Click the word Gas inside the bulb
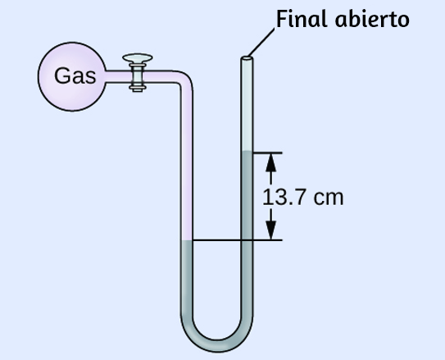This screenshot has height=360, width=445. point(75,75)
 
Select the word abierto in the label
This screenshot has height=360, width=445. point(372,20)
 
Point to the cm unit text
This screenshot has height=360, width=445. point(329,198)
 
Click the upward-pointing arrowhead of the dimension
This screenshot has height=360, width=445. point(271,162)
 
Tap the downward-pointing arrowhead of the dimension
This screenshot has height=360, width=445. point(271,230)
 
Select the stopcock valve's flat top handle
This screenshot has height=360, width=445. point(138,58)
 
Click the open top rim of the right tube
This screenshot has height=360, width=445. point(247,58)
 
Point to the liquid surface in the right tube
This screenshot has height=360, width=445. point(247,153)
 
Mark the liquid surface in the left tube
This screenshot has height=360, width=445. point(187,241)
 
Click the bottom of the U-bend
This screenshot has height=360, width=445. point(217,346)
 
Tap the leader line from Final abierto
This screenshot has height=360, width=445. point(261,42)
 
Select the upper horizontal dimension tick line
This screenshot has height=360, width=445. point(267,153)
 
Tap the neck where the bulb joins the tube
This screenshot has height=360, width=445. point(107,76)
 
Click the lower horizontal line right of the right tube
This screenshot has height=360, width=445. point(267,240)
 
